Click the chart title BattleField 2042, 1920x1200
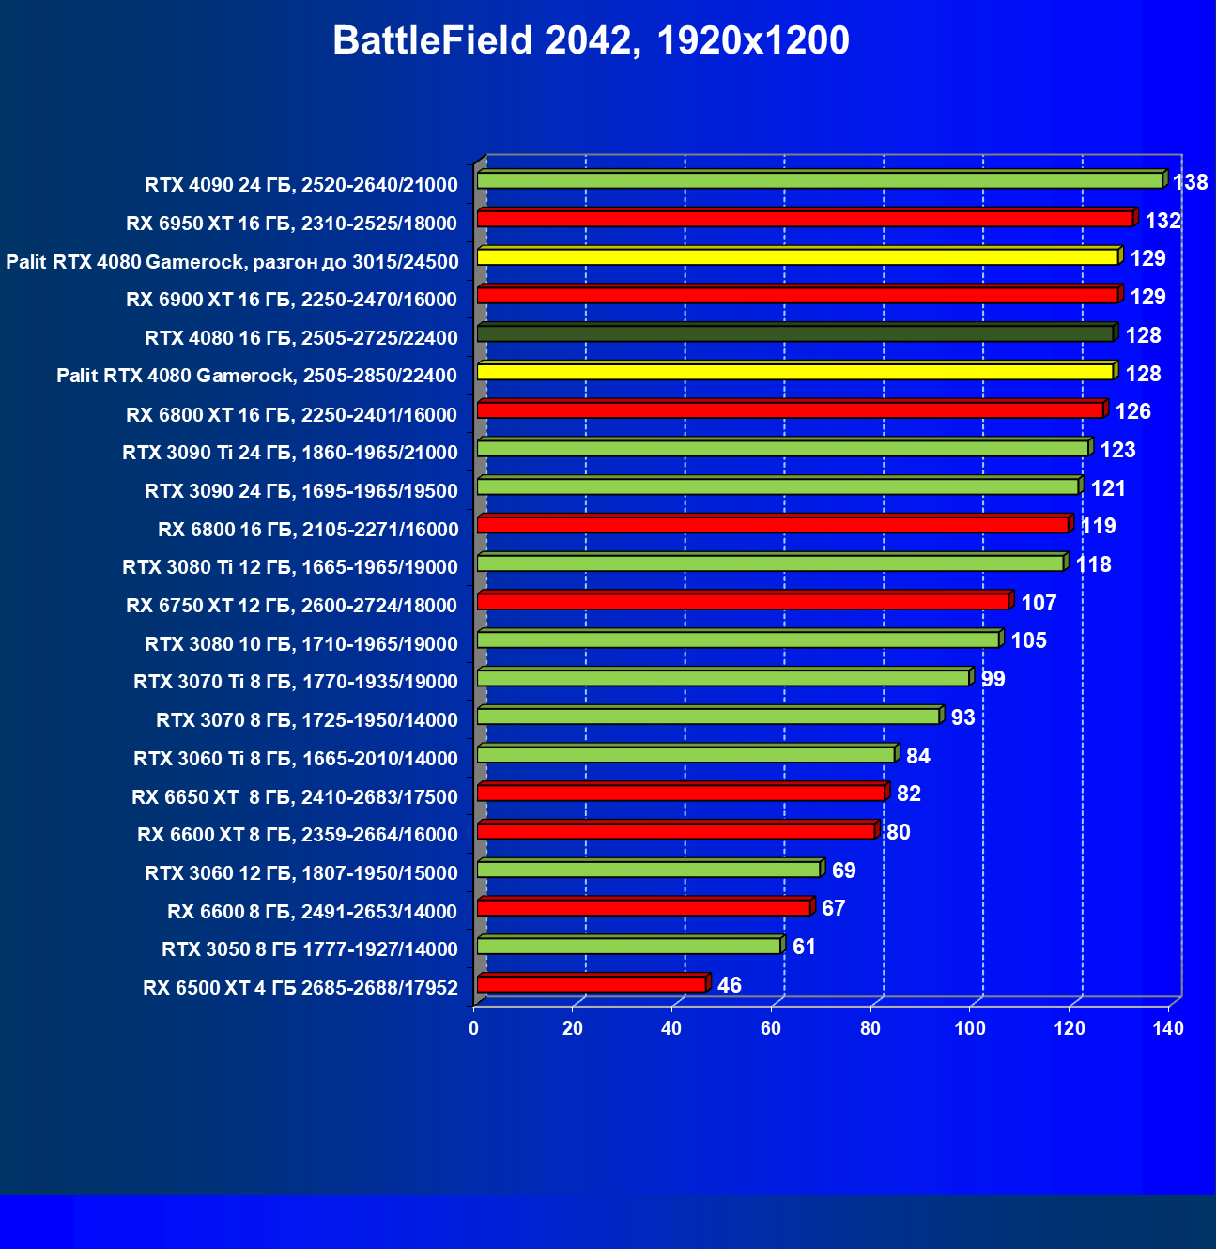click(591, 41)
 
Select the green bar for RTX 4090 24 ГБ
click(819, 180)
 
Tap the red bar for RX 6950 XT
click(805, 219)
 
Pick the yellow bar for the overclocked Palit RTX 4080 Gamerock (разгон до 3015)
click(797, 257)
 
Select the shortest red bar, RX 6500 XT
click(592, 984)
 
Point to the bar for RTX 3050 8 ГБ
click(628, 946)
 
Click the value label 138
click(1190, 182)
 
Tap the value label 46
click(729, 985)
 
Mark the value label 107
click(1039, 603)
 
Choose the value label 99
click(993, 679)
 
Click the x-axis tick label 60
click(771, 1028)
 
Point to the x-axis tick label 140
click(1168, 1028)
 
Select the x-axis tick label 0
click(474, 1028)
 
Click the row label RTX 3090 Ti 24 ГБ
click(290, 453)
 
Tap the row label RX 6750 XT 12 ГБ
click(292, 606)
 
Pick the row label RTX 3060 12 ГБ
click(301, 873)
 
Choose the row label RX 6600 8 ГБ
click(313, 912)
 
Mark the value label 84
click(917, 756)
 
